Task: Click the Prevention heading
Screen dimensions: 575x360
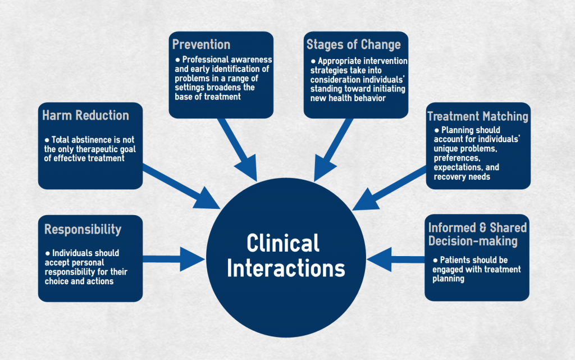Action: tap(202, 44)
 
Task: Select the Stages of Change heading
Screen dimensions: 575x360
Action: tap(354, 45)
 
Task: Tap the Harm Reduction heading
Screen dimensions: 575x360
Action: tap(85, 115)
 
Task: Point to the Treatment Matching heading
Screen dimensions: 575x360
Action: tap(478, 116)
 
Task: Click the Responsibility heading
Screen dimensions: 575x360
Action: tap(83, 230)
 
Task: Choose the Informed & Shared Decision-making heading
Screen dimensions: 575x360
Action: tap(477, 234)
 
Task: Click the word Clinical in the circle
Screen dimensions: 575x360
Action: tap(283, 243)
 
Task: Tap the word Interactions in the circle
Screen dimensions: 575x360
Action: tap(286, 268)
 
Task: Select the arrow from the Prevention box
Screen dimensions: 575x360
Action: tap(238, 149)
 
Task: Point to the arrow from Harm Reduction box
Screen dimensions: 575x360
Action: tap(181, 186)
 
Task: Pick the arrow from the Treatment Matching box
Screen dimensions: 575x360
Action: tap(390, 188)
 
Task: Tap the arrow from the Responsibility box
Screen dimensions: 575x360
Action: tap(174, 259)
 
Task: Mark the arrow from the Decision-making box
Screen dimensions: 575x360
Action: tap(396, 259)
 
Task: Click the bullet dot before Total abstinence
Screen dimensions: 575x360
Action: tap(47, 140)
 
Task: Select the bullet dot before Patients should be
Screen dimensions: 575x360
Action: tap(435, 260)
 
